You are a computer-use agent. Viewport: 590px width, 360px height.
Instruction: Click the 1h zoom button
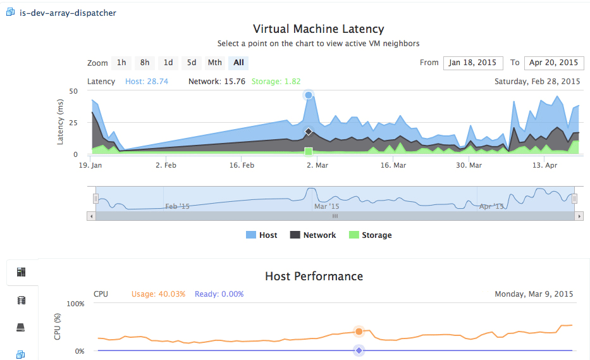point(121,63)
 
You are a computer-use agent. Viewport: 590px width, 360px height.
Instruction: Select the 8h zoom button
point(145,63)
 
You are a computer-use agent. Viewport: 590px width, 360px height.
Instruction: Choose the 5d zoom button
point(192,63)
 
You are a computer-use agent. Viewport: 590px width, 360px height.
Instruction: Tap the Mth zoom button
point(215,63)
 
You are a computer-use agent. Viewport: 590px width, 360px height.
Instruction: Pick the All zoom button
point(238,63)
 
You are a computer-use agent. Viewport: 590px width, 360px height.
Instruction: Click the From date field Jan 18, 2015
point(473,63)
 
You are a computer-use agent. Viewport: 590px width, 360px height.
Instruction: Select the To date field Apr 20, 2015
point(554,63)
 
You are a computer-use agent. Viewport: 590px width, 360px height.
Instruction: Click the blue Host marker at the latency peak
point(309,95)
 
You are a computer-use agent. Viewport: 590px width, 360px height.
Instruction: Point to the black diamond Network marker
point(309,132)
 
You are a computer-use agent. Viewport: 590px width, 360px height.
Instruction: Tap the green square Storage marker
point(309,151)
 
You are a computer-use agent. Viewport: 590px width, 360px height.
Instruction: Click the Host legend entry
point(262,235)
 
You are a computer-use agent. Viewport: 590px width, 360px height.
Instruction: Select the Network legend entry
point(312,235)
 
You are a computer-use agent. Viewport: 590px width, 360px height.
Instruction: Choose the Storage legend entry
point(371,235)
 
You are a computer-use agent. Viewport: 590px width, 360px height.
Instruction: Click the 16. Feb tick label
point(242,165)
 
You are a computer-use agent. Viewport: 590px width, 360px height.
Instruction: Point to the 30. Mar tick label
point(469,165)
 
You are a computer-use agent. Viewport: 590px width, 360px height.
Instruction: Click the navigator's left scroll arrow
point(91,216)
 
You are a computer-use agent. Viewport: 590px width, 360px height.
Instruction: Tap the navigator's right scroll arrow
point(579,216)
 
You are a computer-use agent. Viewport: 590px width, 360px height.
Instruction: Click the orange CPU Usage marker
point(359,332)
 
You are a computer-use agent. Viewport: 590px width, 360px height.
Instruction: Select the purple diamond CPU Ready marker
point(359,351)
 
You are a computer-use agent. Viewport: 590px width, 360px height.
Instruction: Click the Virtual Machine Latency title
point(318,29)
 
